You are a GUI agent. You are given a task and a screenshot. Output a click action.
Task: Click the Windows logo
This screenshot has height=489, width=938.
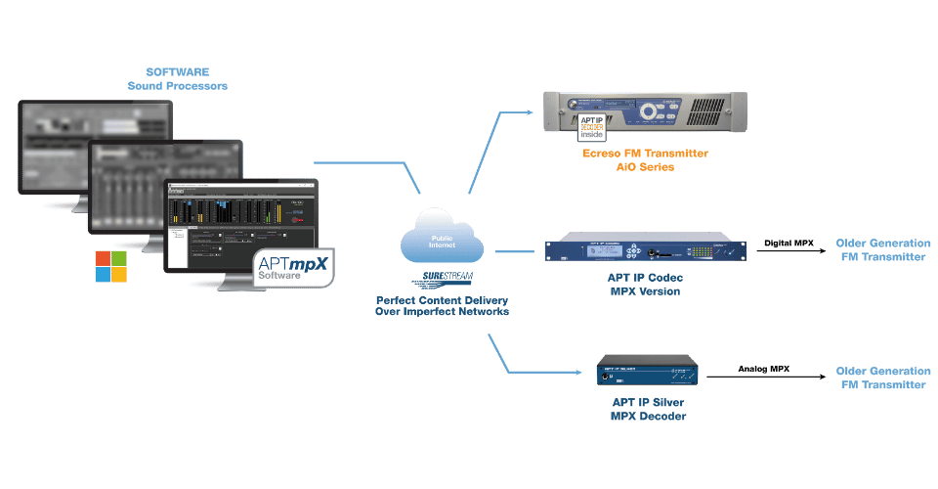pyautogui.click(x=110, y=266)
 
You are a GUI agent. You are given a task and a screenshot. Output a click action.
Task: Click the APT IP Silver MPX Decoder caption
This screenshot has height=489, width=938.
pyautogui.click(x=646, y=410)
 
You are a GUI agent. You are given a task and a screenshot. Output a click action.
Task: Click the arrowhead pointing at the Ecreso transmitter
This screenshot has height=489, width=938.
pyautogui.click(x=533, y=111)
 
